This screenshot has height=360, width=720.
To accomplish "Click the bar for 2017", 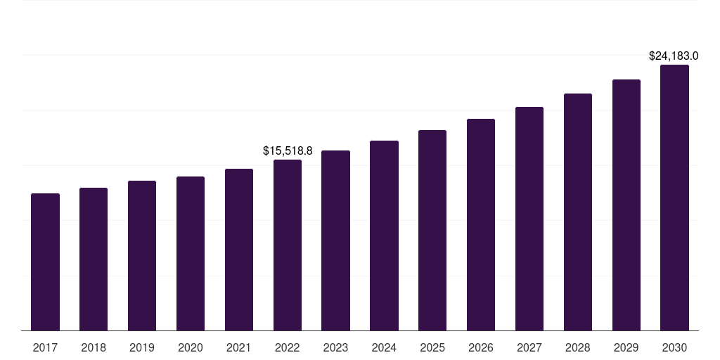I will click(x=45, y=262).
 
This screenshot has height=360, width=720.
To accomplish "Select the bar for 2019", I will click(x=142, y=255).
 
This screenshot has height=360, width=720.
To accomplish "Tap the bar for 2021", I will click(x=239, y=250).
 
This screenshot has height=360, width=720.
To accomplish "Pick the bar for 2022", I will click(x=288, y=245).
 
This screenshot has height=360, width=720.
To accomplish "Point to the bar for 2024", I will click(x=385, y=236).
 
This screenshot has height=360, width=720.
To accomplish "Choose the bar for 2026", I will click(x=481, y=224).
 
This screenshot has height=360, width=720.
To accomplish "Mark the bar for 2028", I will click(x=578, y=212).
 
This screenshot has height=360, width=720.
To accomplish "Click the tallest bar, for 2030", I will click(x=674, y=198).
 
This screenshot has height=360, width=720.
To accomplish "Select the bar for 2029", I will click(x=626, y=205).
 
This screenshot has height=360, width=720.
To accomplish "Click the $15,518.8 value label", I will click(x=288, y=150).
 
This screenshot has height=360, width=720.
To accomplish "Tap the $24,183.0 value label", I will click(x=674, y=56).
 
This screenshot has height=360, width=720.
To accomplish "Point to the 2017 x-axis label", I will click(x=45, y=347).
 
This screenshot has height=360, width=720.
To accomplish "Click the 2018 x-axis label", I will click(x=94, y=347).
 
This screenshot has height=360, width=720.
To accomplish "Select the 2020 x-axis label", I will click(x=191, y=347).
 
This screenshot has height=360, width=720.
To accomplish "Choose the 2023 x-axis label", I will click(x=335, y=347).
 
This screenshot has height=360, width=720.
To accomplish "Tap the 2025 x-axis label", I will click(x=432, y=347).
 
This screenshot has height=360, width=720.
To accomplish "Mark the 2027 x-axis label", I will click(x=529, y=347).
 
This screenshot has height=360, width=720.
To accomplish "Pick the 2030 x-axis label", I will click(x=674, y=347).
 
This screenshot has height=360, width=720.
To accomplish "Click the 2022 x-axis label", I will click(x=288, y=347).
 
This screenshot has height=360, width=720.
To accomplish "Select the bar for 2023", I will click(x=335, y=240).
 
